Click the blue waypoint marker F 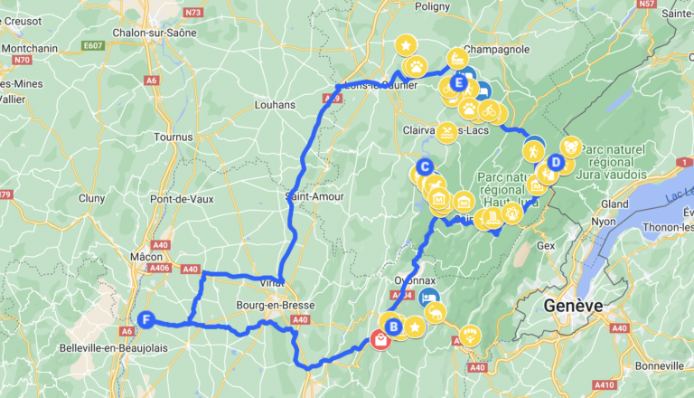[x=145, y=318]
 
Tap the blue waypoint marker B [x=393, y=327]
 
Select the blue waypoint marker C [x=424, y=166]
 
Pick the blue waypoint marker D [x=557, y=163]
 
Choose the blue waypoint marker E [x=459, y=84]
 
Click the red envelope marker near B [x=381, y=340]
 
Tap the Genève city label [x=573, y=306]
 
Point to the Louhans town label [x=276, y=104]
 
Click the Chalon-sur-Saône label [x=151, y=33]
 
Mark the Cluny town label [x=92, y=198]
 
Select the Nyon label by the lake [x=603, y=222]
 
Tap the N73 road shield [x=192, y=12]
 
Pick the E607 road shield [x=90, y=43]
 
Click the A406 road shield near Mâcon [x=161, y=269]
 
